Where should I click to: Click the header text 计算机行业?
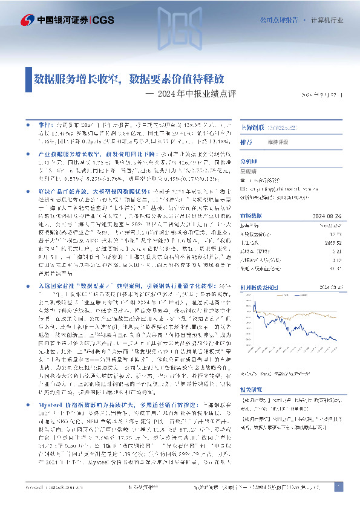327,20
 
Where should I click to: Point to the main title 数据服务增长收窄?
76,78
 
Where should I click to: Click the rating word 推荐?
247,143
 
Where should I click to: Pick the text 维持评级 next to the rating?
279,143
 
